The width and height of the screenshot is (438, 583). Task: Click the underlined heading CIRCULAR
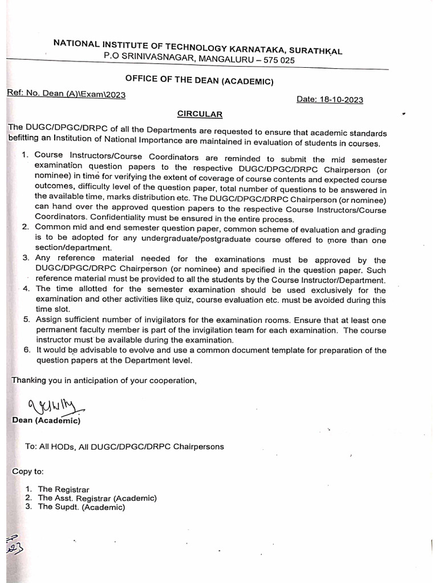click(x=200, y=114)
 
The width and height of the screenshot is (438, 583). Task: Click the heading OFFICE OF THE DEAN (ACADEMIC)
click(x=200, y=81)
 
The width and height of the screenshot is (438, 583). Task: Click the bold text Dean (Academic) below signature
click(x=46, y=421)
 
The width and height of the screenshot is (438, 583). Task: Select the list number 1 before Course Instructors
click(x=25, y=155)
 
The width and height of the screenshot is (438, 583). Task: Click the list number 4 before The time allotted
click(x=26, y=289)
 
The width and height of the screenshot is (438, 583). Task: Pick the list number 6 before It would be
click(x=26, y=350)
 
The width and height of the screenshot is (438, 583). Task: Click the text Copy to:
click(x=27, y=471)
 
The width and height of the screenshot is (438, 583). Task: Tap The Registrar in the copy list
click(x=63, y=489)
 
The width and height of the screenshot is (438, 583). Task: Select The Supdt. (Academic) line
click(x=81, y=507)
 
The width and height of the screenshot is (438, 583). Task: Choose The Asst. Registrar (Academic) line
click(x=97, y=498)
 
